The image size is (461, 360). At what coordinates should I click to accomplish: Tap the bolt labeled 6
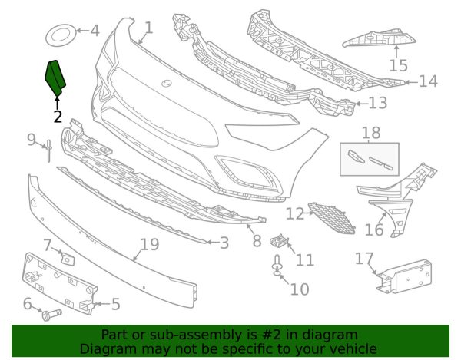51,315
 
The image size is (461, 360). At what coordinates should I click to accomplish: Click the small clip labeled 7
68,259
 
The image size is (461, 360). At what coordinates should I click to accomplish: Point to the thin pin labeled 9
48,151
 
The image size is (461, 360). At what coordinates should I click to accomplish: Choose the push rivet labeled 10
277,266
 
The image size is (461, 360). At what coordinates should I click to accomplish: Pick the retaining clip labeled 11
280,241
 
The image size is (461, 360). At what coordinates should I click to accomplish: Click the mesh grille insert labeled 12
332,218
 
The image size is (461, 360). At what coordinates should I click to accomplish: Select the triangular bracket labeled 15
380,38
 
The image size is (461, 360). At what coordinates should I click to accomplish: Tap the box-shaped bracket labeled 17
404,276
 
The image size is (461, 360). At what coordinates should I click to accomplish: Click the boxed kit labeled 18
370,159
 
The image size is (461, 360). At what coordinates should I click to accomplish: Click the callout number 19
150,244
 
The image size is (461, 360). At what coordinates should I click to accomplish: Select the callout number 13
378,103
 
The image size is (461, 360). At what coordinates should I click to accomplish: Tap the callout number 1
149,28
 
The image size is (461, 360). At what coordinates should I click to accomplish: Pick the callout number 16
374,230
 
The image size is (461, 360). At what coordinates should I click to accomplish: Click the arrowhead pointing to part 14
407,82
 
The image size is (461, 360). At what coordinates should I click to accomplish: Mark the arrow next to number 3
212,243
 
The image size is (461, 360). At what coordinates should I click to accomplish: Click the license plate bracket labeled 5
60,282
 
